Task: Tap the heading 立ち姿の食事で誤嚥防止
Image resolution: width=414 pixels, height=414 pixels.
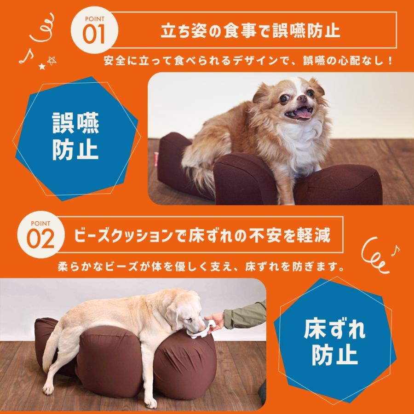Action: pyautogui.click(x=251, y=32)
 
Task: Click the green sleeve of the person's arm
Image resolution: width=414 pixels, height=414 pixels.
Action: pyautogui.click(x=248, y=313)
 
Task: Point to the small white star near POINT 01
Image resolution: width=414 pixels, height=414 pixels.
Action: pyautogui.click(x=42, y=67)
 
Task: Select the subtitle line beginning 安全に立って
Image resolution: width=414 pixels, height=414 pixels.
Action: pyautogui.click(x=248, y=60)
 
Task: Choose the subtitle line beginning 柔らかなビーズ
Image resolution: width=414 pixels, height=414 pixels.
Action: pyautogui.click(x=202, y=266)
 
